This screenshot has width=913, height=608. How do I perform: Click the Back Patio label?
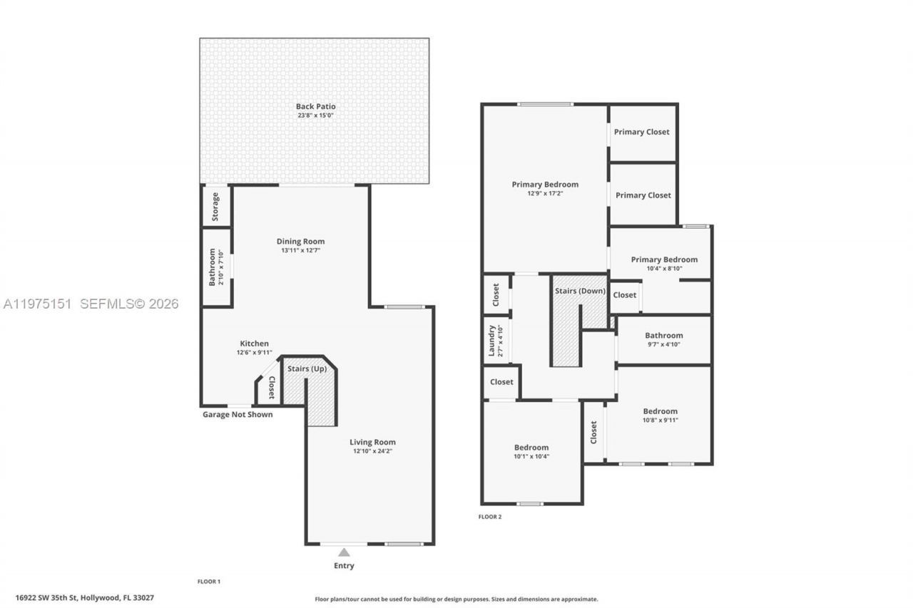[315, 106]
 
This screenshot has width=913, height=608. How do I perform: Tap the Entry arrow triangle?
[344, 552]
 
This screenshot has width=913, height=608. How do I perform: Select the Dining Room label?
[300, 241]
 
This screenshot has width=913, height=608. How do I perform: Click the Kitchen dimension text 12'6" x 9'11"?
[255, 353]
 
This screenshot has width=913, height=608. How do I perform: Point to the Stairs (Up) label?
[307, 369]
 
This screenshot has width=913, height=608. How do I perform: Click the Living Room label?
[372, 442]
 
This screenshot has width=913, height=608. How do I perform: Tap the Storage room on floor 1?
[215, 207]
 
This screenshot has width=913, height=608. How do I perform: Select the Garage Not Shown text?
[238, 414]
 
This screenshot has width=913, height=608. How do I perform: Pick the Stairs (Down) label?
[580, 291]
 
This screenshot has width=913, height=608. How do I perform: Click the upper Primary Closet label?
[642, 132]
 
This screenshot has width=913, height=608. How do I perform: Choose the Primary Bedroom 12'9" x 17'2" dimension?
[545, 193]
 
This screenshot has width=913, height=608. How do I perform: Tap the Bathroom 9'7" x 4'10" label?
[663, 335]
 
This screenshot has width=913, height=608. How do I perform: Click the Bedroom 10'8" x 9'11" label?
[660, 411]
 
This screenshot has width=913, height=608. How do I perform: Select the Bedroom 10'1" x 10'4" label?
[531, 448]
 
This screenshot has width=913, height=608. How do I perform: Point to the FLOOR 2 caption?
[489, 517]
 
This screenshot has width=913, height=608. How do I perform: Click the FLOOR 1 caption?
[208, 582]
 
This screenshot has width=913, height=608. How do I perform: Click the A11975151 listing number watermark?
[37, 304]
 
